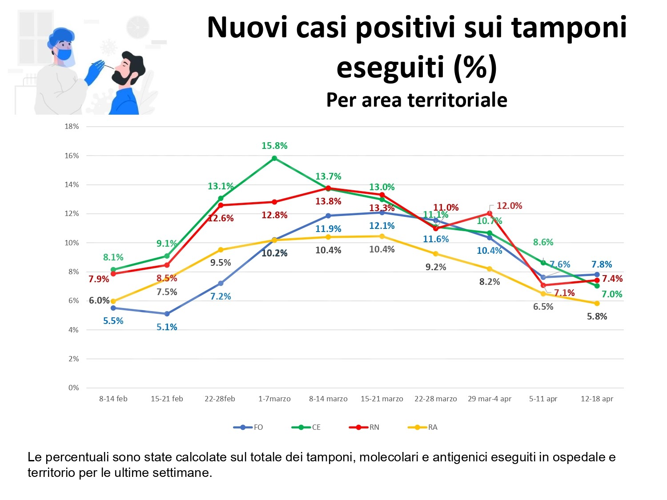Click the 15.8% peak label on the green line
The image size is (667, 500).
point(274,146)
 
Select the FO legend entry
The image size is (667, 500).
point(249,427)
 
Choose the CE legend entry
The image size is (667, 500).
point(306,427)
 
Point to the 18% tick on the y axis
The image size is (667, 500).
point(72,126)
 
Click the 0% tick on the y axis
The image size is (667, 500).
point(73,388)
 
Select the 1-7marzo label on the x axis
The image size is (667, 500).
point(274,399)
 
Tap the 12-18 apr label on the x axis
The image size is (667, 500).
point(597,399)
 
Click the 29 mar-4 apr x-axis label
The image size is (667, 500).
point(489,399)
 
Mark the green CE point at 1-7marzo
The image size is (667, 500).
point(274,158)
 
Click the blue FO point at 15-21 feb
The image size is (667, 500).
point(167,314)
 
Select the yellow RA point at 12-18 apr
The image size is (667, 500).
point(597,304)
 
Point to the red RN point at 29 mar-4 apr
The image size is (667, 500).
point(490,213)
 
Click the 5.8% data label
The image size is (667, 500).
point(597,316)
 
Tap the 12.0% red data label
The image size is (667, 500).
point(509,206)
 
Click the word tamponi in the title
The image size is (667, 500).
point(569,28)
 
